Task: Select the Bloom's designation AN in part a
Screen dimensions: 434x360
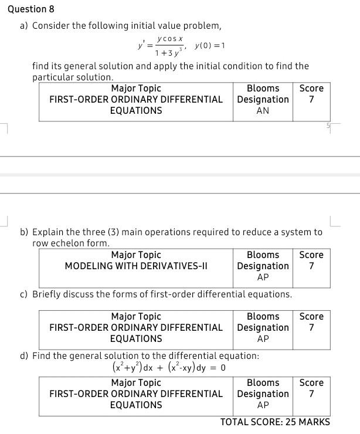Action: tap(263, 110)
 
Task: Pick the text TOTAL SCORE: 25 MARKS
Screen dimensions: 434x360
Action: tap(275, 422)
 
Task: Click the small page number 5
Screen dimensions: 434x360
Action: tap(329, 126)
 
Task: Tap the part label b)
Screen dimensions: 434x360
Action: tap(25, 232)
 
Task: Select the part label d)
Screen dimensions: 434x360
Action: tap(25, 356)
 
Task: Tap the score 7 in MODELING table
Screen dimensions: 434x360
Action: tap(311, 266)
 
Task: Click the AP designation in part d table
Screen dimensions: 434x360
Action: tap(263, 405)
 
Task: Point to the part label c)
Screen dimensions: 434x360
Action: tap(24, 294)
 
